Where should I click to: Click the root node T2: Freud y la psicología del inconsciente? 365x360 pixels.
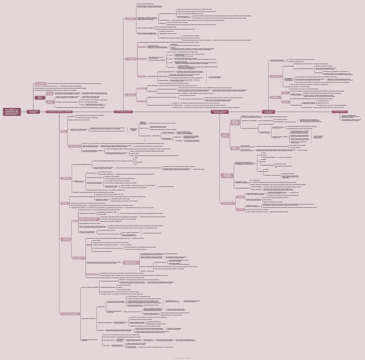click(x=11, y=112)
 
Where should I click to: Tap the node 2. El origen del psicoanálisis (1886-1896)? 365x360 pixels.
click(x=59, y=112)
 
